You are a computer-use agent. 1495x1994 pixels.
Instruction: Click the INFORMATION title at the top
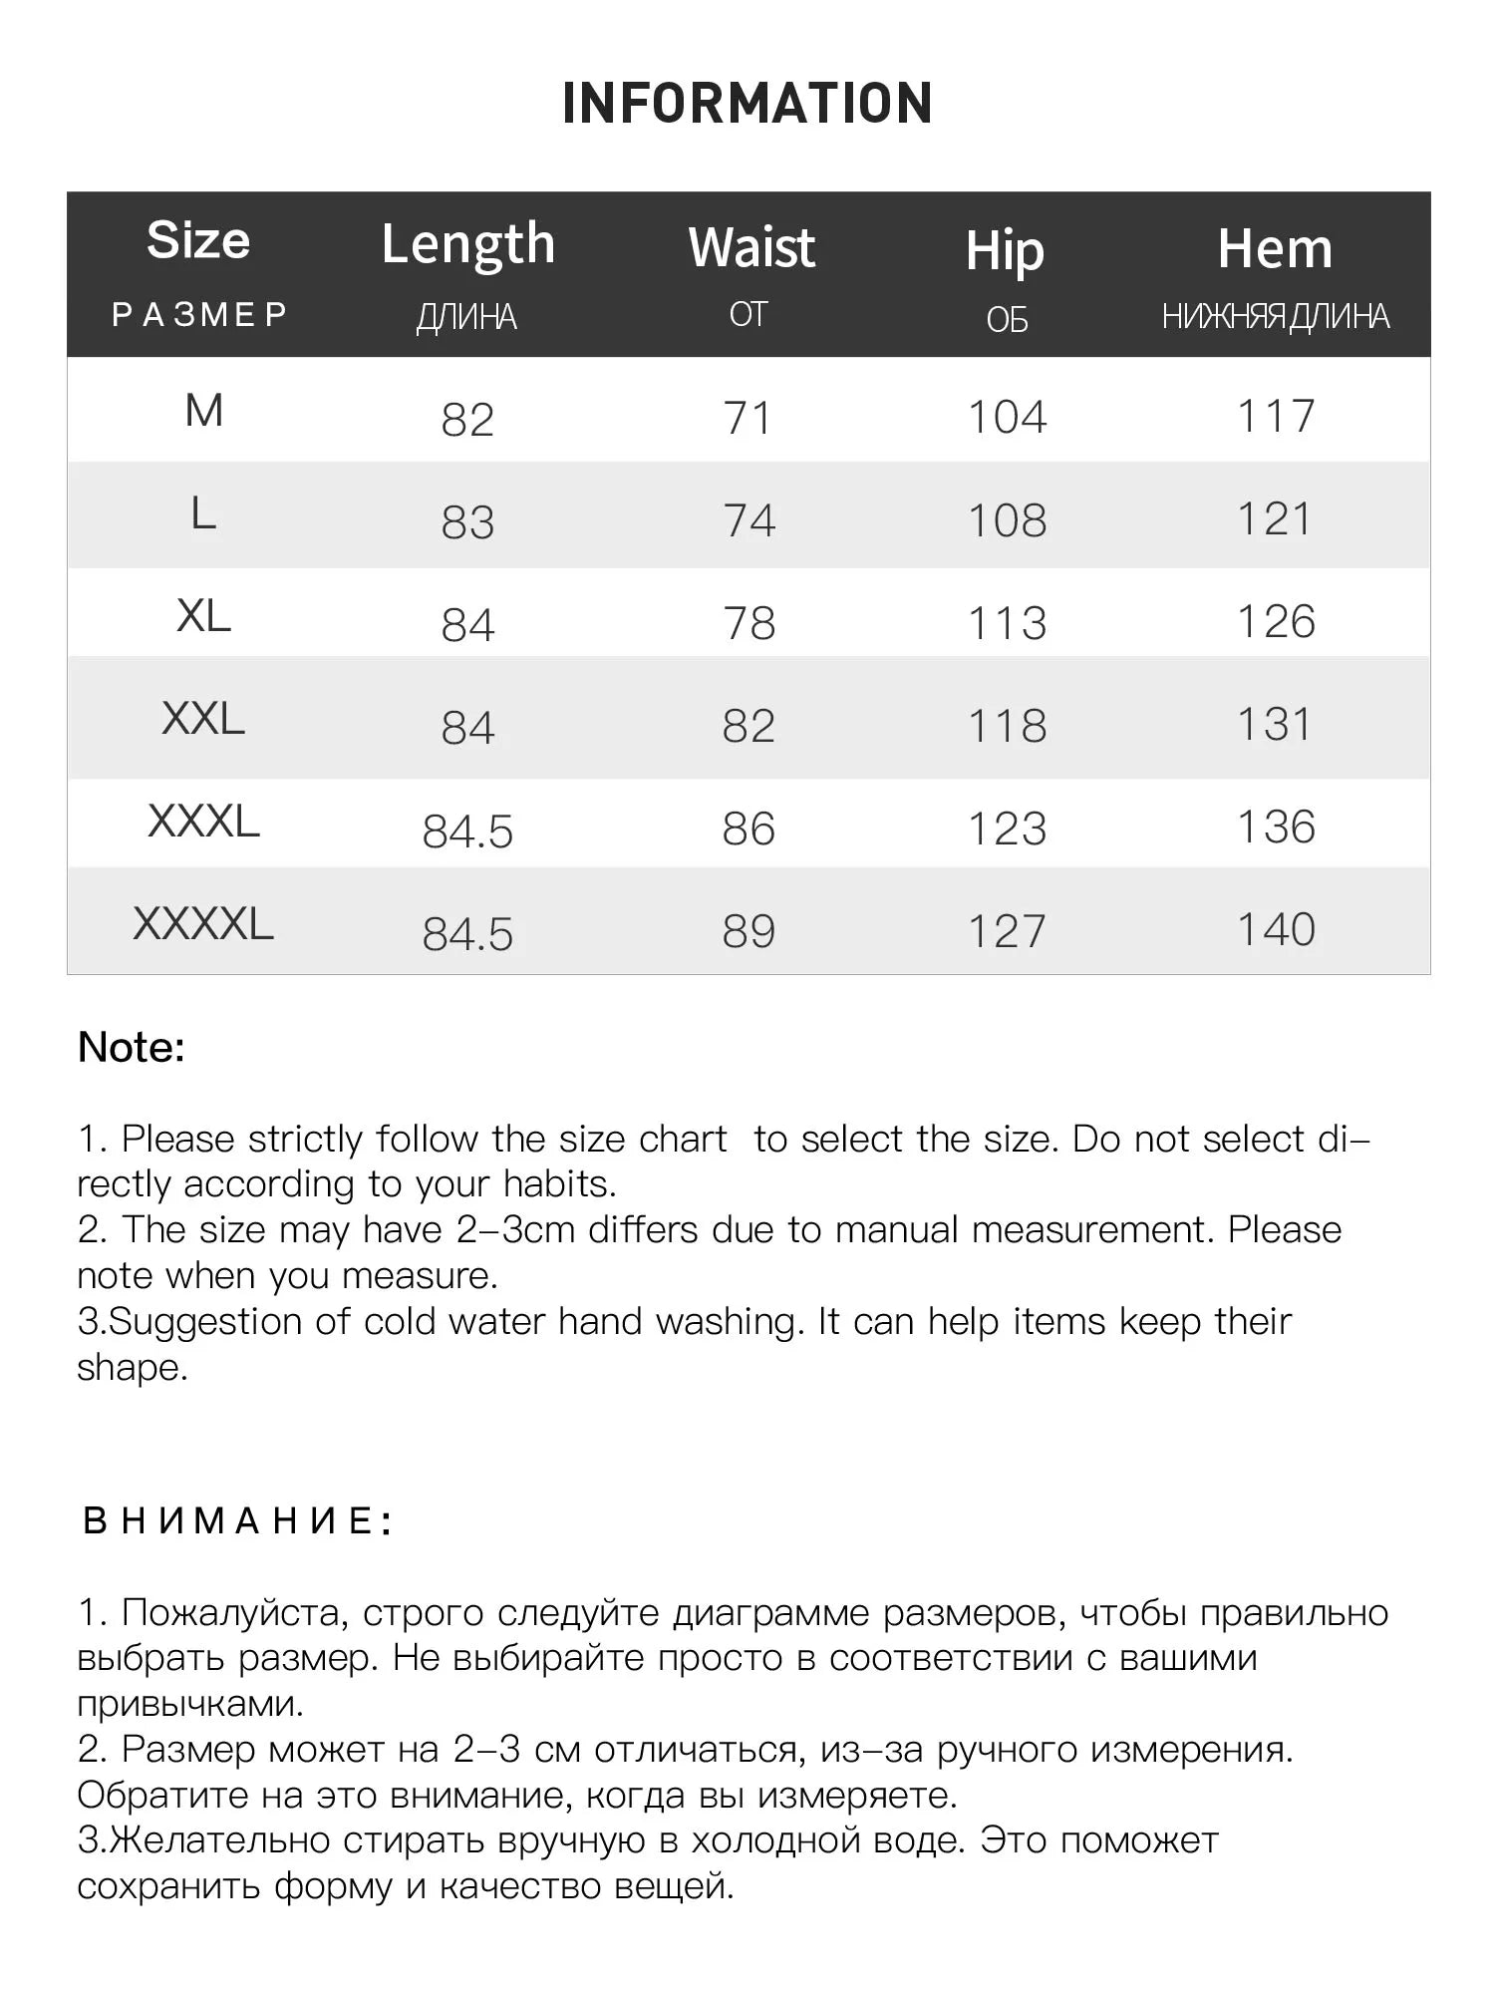(x=747, y=104)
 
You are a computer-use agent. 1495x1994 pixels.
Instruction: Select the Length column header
(x=467, y=245)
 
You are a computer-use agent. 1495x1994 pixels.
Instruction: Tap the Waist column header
(x=751, y=248)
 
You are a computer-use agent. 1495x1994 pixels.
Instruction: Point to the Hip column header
(x=1005, y=250)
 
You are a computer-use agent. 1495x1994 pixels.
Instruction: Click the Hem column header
(x=1275, y=248)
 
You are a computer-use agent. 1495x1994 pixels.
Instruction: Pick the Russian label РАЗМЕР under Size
(x=199, y=315)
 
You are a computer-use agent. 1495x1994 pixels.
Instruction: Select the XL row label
(x=203, y=616)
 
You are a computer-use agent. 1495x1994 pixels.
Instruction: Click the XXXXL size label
(x=203, y=924)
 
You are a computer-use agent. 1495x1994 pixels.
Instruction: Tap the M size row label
(x=204, y=411)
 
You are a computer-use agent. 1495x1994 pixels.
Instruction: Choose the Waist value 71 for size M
(x=748, y=418)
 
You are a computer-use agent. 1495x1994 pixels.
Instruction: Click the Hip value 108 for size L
(x=1008, y=520)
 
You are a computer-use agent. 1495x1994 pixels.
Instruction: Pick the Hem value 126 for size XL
(x=1276, y=622)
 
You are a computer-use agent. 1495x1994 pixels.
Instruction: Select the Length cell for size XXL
(x=467, y=728)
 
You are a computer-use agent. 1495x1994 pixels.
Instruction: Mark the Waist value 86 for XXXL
(x=748, y=830)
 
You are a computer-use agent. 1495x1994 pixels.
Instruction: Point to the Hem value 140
(x=1276, y=930)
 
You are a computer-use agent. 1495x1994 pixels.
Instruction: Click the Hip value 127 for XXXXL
(x=1008, y=932)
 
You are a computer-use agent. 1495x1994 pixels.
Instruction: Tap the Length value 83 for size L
(x=467, y=522)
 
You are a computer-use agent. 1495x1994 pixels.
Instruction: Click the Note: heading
(x=132, y=1048)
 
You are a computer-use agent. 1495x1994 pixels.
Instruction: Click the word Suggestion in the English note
(x=205, y=1322)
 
